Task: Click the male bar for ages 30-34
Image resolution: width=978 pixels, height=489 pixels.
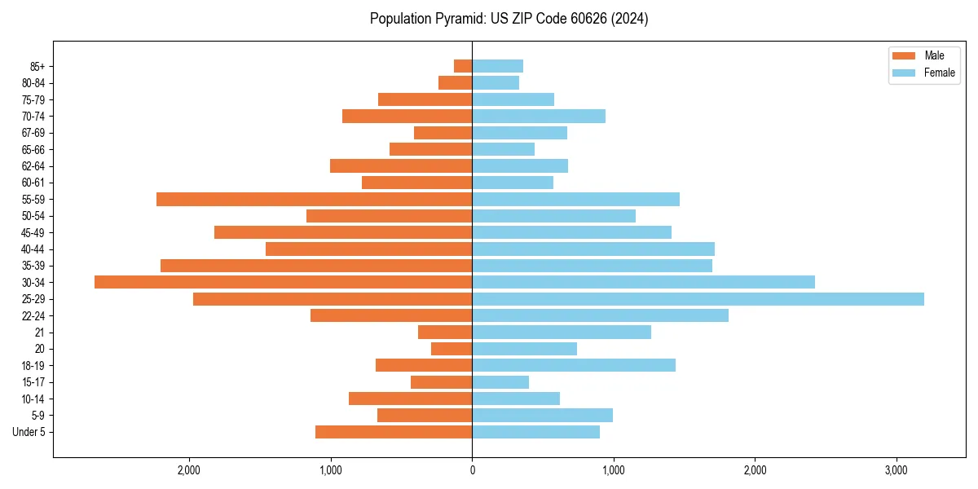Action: (283, 282)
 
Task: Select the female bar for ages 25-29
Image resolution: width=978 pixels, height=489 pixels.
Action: (698, 299)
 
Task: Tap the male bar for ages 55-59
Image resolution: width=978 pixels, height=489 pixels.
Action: (314, 199)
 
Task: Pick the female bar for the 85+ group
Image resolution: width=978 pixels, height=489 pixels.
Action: (497, 66)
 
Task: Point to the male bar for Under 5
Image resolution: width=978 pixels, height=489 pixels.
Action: (394, 432)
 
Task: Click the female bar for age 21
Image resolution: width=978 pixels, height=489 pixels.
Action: (562, 333)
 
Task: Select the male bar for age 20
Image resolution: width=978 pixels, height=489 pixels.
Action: (452, 349)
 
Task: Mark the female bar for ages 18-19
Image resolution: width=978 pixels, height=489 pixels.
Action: (574, 365)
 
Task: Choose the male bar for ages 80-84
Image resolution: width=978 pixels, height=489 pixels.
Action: (455, 82)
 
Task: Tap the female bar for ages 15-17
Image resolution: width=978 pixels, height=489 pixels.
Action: (500, 382)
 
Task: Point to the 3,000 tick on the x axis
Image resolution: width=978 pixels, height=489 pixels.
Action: (896, 470)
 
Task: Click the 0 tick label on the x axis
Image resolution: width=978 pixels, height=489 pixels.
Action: (472, 470)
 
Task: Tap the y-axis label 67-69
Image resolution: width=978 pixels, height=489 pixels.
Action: (33, 133)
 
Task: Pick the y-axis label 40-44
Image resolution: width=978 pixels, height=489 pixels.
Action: (33, 249)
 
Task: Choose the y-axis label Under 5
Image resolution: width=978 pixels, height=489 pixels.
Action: (29, 432)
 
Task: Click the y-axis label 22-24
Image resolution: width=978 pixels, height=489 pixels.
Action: (33, 315)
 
